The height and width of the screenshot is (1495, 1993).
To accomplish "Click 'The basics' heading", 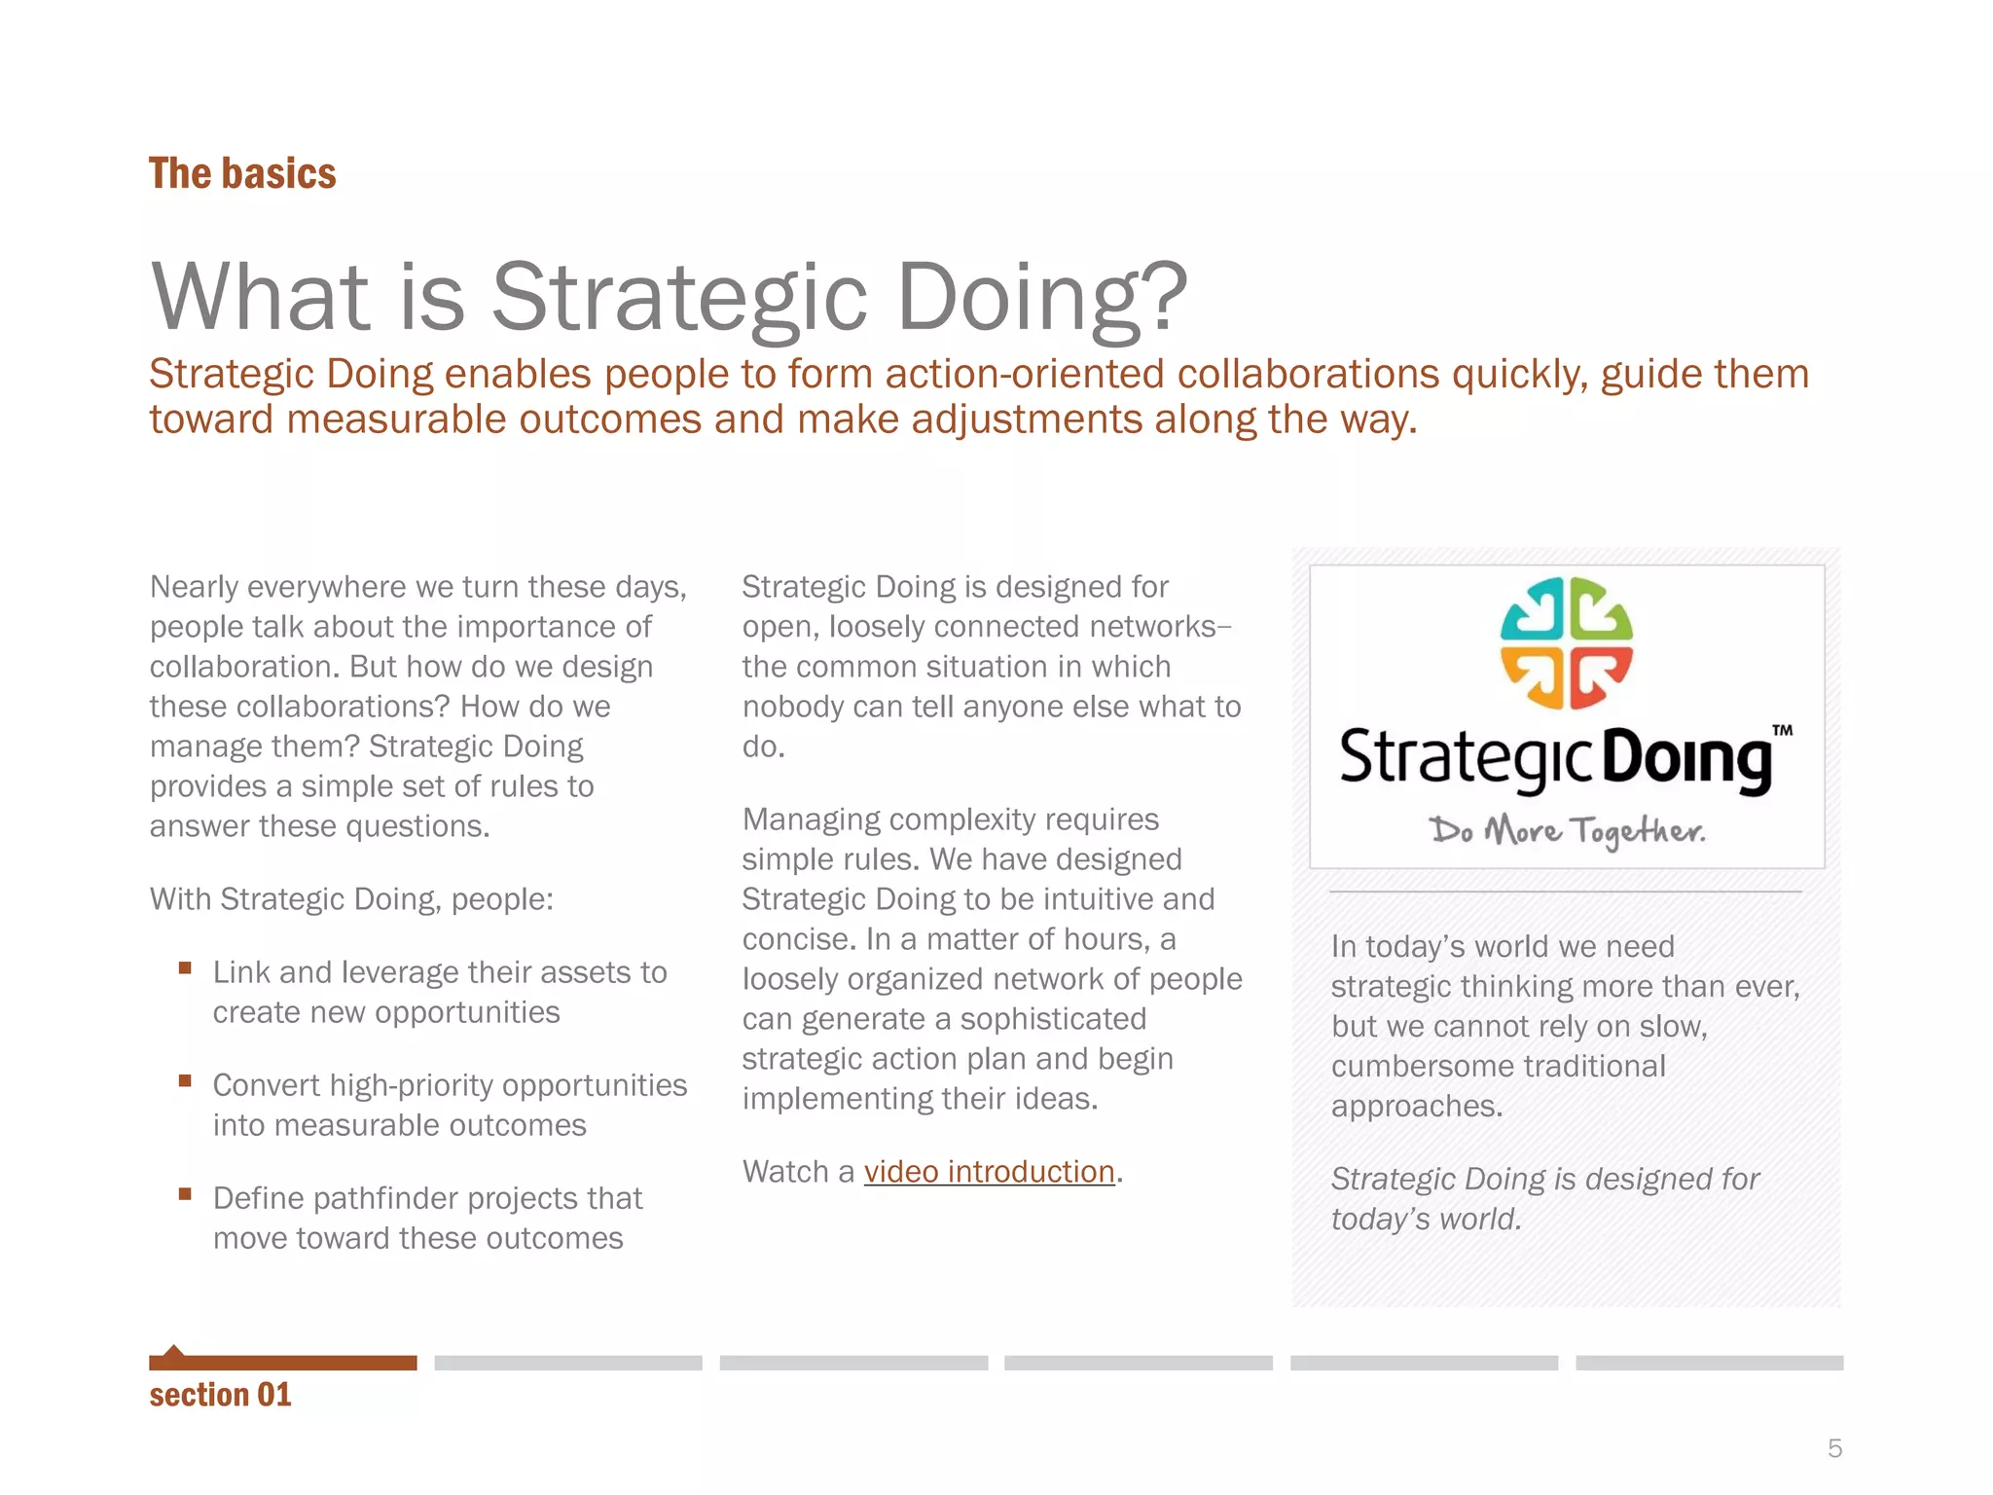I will click(242, 173).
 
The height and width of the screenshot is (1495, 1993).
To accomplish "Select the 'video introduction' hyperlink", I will click(989, 1172).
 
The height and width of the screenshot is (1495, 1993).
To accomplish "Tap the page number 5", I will click(1834, 1448).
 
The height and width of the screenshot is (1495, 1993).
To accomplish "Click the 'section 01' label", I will click(220, 1395).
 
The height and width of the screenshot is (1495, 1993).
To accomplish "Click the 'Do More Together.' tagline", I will click(1567, 831).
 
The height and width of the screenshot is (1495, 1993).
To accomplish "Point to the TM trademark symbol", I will click(1782, 730).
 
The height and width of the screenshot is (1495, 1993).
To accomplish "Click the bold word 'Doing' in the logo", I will click(1686, 761).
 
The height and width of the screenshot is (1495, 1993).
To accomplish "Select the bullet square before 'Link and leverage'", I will click(185, 967).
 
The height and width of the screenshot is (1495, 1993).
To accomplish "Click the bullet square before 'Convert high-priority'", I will click(185, 1080).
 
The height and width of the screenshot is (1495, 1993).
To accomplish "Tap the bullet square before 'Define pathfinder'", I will click(185, 1193).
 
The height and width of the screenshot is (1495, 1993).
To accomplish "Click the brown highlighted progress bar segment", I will click(282, 1363).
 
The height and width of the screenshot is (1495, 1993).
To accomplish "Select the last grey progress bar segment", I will click(1709, 1363).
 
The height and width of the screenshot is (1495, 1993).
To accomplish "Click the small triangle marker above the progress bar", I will click(173, 1351).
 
